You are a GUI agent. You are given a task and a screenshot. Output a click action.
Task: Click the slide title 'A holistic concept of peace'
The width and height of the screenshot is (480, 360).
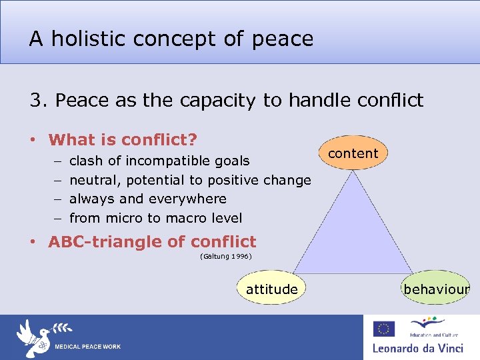[171, 39]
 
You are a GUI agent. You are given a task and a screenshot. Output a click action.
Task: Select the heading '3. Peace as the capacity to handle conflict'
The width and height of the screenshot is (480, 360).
[226, 100]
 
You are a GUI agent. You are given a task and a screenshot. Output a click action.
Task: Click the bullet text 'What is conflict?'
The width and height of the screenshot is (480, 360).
[123, 140]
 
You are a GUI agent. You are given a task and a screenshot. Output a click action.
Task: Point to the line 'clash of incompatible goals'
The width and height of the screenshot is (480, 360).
[159, 161]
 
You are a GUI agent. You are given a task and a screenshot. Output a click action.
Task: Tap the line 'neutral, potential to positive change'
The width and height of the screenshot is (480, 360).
[190, 180]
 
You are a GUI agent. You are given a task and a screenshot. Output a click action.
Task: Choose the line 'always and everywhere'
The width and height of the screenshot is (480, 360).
[147, 199]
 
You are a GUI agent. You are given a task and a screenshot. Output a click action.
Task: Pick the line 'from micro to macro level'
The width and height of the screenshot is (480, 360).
[155, 218]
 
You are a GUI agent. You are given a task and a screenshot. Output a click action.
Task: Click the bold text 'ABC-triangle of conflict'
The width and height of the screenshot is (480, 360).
[152, 241]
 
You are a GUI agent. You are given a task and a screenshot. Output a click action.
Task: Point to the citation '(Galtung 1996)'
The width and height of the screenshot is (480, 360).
[225, 256]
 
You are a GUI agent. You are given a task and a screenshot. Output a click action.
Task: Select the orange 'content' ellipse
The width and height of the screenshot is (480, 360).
[353, 153]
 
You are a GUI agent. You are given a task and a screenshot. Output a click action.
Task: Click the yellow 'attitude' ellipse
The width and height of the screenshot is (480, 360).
[271, 289]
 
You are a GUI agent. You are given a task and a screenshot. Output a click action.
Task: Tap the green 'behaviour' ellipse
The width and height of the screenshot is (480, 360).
[436, 289]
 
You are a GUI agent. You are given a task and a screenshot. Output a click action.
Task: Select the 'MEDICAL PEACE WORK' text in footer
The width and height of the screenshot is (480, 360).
[87, 347]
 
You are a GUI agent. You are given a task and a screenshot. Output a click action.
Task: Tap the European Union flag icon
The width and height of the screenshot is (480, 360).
[383, 329]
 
